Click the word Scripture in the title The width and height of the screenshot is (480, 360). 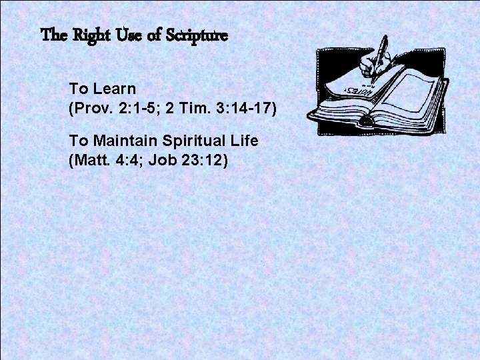(197, 35)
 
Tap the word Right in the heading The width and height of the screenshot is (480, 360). (91, 36)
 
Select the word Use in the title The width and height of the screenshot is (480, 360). (129, 35)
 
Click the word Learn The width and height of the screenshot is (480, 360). (115, 89)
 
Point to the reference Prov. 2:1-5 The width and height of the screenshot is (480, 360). (112, 108)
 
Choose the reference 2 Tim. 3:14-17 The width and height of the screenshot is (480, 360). (221, 108)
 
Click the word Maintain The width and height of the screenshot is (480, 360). (125, 141)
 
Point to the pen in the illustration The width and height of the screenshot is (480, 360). (379, 59)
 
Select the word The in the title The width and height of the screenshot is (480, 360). (54, 35)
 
